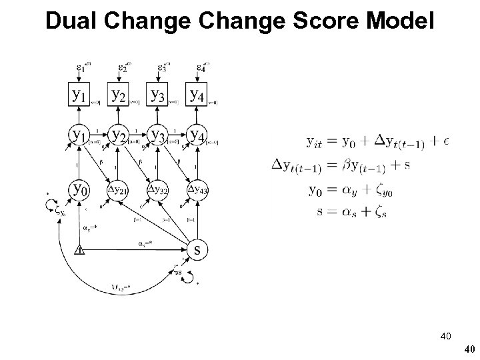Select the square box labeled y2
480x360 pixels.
coord(119,95)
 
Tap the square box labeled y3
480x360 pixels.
coord(158,95)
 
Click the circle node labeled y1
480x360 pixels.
coord(81,136)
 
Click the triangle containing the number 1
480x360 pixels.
coord(79,251)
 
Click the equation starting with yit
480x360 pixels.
coord(377,141)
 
